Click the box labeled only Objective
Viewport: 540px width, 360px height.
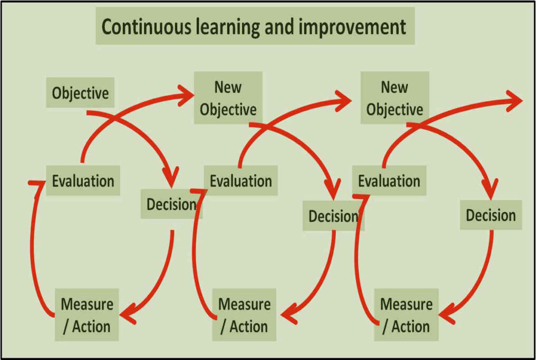80,93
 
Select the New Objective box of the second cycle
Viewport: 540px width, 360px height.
228,98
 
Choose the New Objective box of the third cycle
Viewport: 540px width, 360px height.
394,98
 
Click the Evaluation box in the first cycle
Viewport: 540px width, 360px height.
83,181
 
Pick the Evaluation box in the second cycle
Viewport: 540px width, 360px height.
240,181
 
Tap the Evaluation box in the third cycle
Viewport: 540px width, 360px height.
389,181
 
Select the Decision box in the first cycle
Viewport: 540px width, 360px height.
171,205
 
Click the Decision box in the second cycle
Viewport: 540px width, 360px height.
333,216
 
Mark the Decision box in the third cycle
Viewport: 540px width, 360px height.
490,215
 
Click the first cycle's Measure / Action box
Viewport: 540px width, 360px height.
86,315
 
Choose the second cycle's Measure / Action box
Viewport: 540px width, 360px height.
244,315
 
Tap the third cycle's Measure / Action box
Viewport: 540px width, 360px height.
406,315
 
